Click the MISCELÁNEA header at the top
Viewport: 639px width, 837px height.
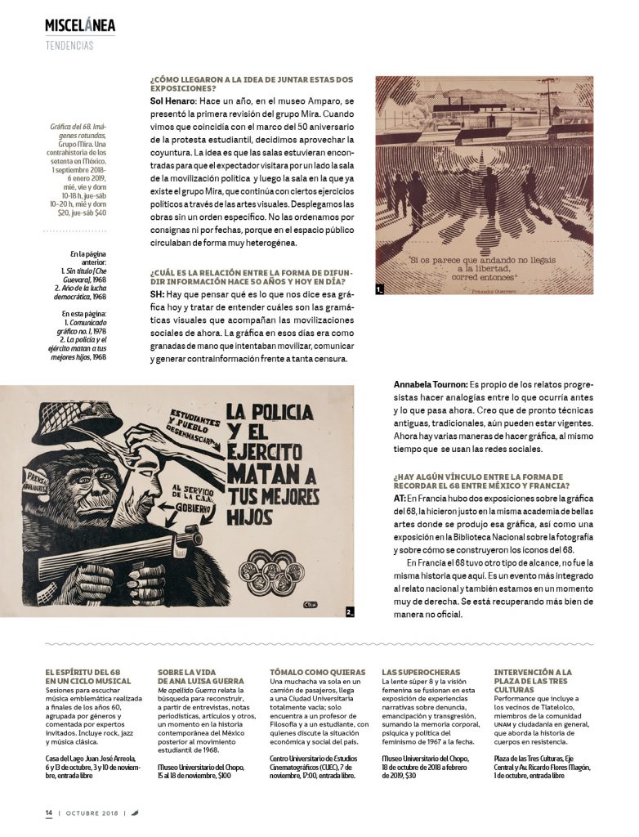80,25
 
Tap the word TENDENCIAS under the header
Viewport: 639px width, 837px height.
69,45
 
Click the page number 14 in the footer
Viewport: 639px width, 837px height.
49,812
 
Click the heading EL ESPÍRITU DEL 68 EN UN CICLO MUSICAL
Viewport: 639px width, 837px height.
88,676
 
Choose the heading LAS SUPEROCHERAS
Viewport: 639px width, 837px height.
421,672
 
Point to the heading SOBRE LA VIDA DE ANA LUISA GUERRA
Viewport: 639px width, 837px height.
200,676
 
